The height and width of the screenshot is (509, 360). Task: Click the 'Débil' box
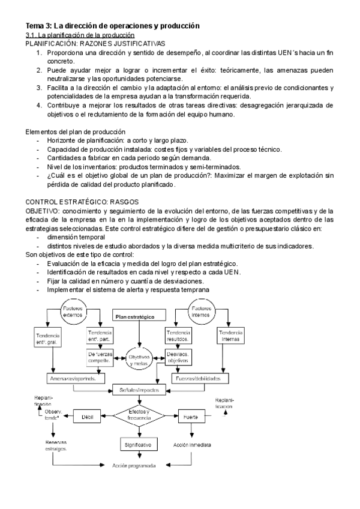point(88,415)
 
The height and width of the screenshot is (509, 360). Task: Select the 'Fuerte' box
point(191,415)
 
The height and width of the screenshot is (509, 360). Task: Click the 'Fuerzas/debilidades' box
point(199,379)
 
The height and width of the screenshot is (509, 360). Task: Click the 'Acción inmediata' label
point(191,445)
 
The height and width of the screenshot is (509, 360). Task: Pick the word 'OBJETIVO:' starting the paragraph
point(41,212)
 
